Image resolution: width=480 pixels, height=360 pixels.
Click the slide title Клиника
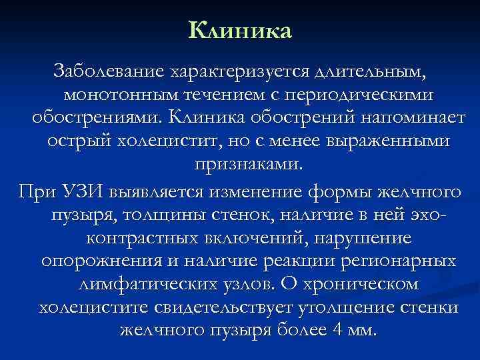point(240,30)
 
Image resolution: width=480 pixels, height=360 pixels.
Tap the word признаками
point(247,165)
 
